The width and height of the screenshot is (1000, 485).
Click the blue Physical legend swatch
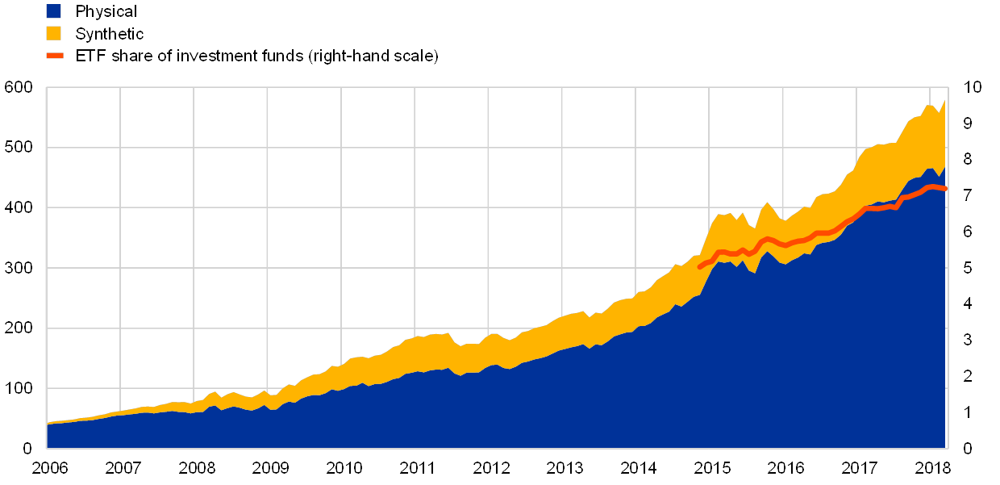[54, 11]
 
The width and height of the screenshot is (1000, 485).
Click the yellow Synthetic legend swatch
[54, 33]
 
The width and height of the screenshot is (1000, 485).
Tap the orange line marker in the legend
[54, 56]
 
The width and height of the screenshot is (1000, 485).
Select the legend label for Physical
[106, 11]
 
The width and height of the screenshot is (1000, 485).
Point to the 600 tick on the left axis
[18, 88]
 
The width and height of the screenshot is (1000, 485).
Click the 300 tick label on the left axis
[18, 268]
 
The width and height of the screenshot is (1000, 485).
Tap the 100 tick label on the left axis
[18, 388]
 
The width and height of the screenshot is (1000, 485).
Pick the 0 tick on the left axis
[27, 448]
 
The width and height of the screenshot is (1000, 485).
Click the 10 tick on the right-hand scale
[972, 88]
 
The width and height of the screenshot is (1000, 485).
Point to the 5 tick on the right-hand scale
[968, 268]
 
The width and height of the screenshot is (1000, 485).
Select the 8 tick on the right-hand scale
[968, 160]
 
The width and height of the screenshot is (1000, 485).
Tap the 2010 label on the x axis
[343, 467]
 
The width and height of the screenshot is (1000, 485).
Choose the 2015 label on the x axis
[710, 467]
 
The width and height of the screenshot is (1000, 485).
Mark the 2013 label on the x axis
[564, 467]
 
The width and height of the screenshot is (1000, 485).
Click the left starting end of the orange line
[700, 265]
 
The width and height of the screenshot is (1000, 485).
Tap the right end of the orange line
[946, 189]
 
